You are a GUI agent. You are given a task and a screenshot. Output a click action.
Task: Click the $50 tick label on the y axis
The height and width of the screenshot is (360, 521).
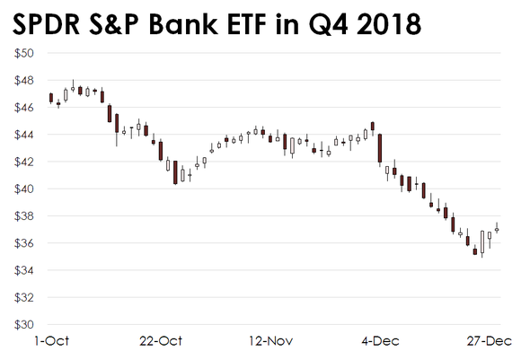click(x=23, y=53)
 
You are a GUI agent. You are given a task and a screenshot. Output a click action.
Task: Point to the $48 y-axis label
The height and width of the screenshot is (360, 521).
click(x=23, y=80)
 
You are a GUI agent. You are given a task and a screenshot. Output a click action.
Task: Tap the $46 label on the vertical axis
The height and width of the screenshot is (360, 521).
click(x=23, y=108)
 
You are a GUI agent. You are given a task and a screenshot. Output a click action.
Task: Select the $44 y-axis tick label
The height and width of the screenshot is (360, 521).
click(x=23, y=135)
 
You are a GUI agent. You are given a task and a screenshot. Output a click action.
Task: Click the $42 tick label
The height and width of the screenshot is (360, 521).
click(x=23, y=162)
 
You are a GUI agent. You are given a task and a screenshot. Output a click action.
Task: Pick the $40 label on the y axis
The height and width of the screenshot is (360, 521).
click(x=23, y=189)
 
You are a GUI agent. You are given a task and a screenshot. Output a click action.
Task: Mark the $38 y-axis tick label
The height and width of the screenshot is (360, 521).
click(x=23, y=216)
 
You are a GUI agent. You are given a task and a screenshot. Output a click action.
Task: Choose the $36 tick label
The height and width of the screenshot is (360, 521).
click(x=23, y=243)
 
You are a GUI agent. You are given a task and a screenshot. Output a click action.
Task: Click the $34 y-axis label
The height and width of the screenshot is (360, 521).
click(x=23, y=271)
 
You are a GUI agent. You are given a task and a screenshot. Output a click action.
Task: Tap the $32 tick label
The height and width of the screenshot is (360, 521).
click(x=23, y=298)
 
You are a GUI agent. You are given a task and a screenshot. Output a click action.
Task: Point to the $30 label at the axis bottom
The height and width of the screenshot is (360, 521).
click(x=23, y=325)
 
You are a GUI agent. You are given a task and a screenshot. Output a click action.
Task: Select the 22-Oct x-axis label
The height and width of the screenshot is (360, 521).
click(x=162, y=342)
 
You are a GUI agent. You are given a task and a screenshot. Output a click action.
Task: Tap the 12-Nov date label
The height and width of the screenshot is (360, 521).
click(x=270, y=342)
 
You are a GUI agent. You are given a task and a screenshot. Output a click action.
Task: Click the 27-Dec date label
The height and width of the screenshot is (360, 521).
click(x=489, y=342)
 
